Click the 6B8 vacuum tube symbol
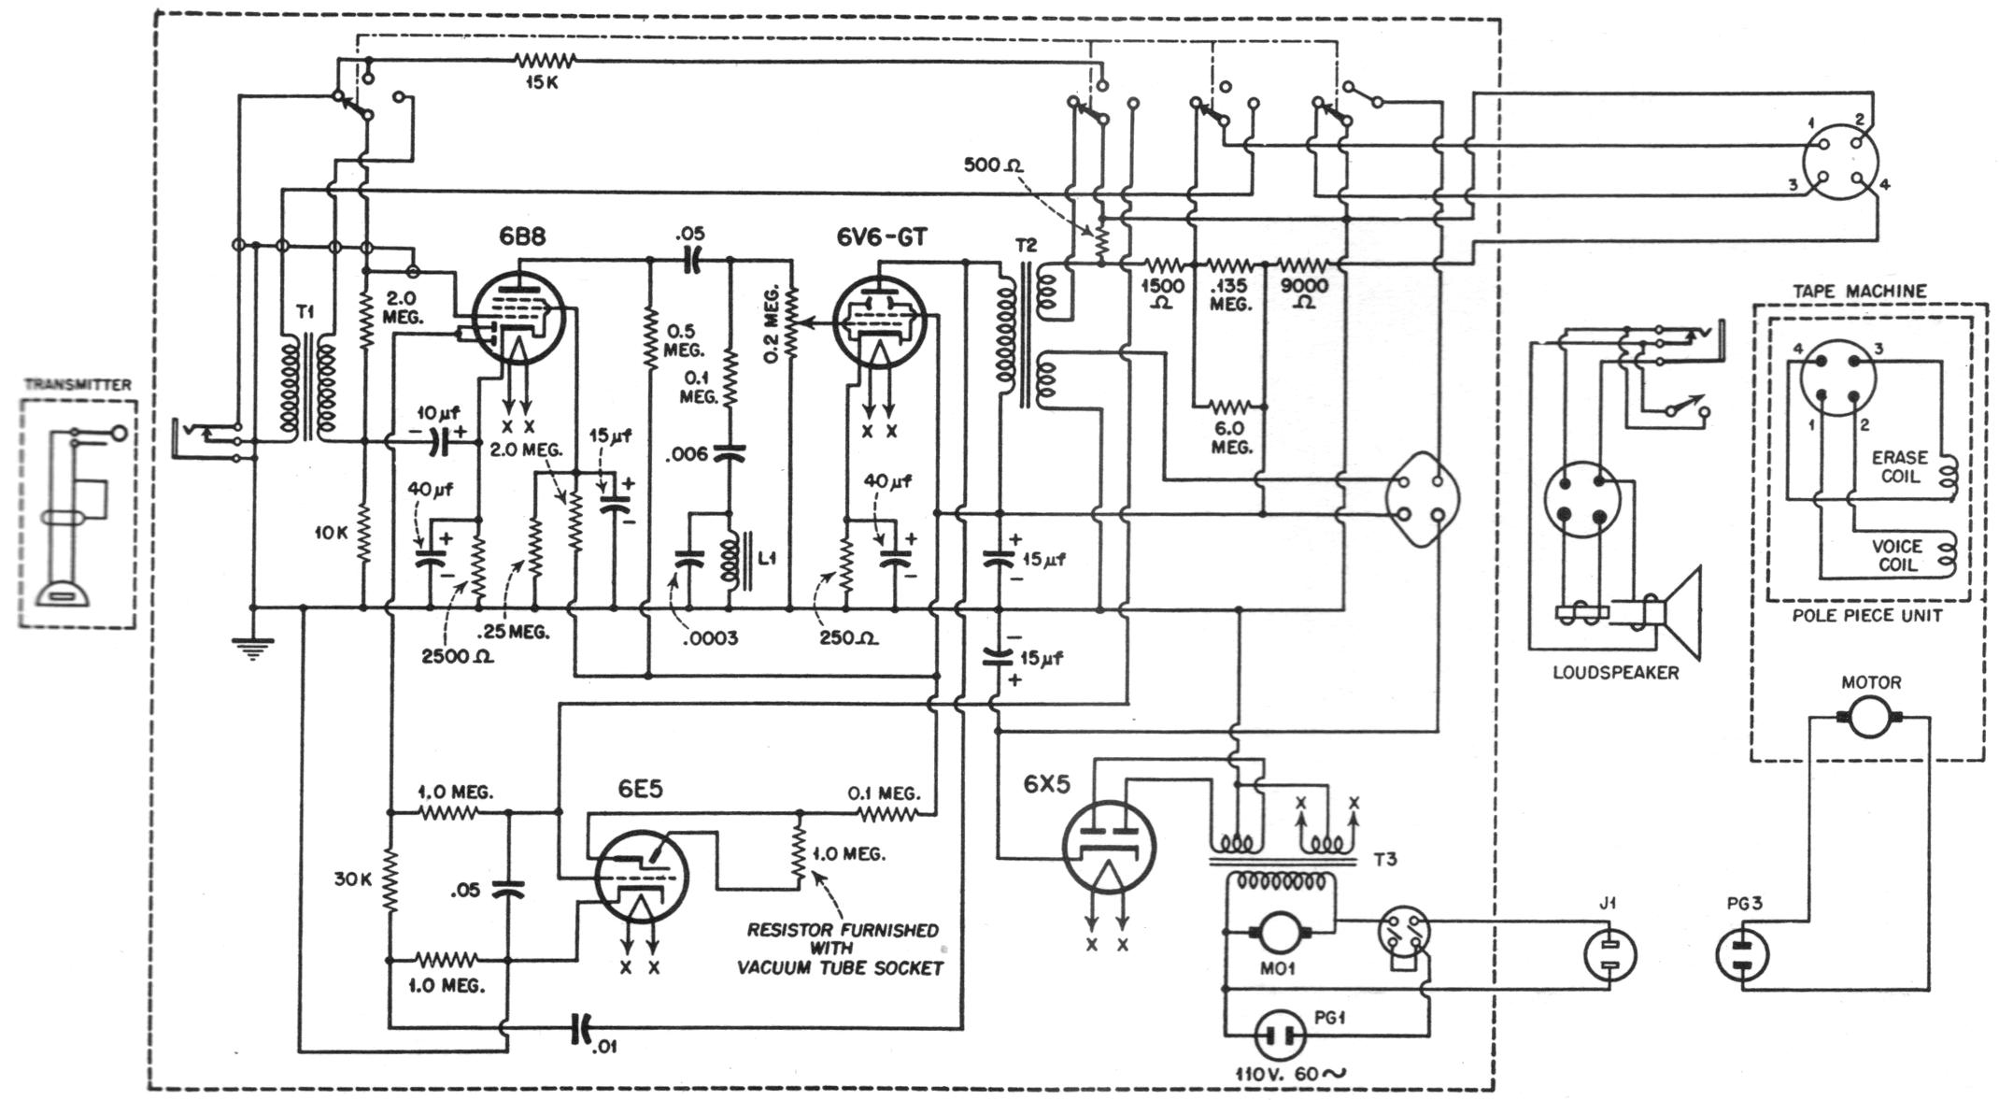click(518, 317)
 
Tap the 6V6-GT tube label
click(882, 237)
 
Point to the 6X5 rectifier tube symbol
click(1109, 845)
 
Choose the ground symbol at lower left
click(252, 647)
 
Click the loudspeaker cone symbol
click(1676, 612)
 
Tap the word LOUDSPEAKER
click(1615, 672)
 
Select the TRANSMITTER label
click(78, 384)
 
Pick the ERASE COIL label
click(1899, 466)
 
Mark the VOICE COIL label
click(1896, 555)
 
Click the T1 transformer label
click(305, 312)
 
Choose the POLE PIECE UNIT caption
click(1866, 615)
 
